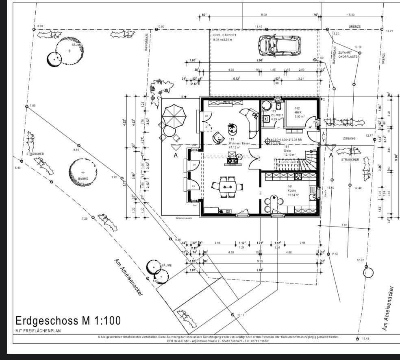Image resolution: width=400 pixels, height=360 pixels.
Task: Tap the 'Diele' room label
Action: click(x=287, y=151)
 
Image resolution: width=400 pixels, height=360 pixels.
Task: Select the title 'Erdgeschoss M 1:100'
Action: click(x=68, y=321)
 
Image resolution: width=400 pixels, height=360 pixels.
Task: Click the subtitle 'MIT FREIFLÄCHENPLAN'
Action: click(x=38, y=331)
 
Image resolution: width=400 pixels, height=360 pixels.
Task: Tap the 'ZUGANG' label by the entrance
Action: click(x=349, y=138)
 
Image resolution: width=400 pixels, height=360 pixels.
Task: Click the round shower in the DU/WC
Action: click(x=267, y=105)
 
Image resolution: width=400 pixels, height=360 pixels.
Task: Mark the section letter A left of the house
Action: click(x=176, y=155)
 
